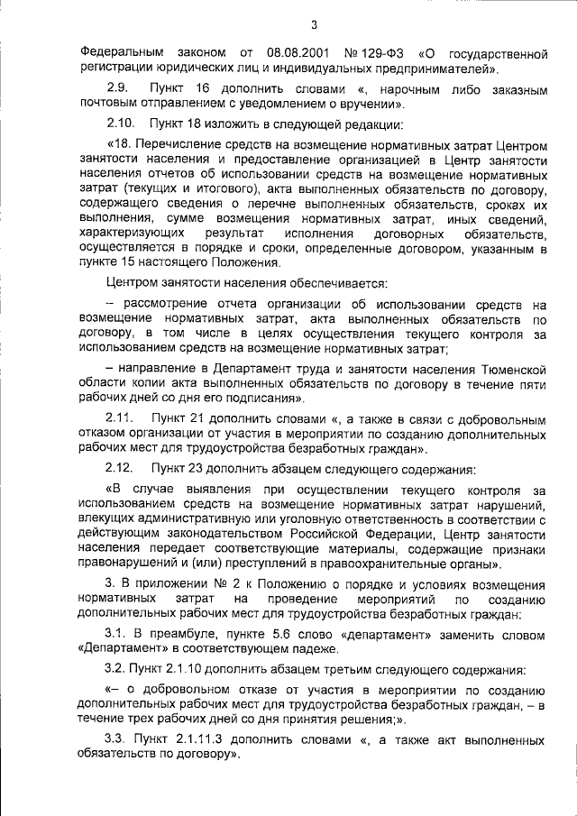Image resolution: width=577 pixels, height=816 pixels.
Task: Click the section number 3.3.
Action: (117, 739)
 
